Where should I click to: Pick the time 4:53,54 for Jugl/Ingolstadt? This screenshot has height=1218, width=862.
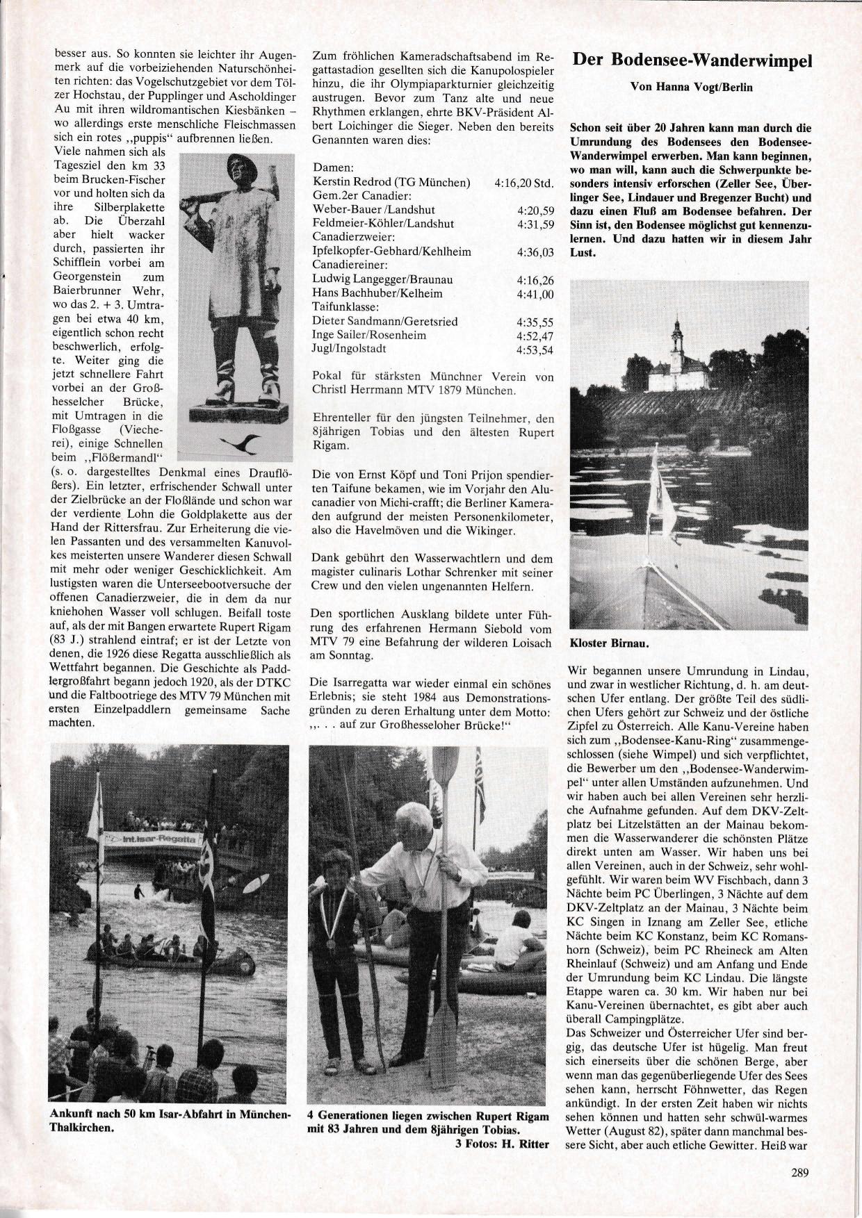point(535,349)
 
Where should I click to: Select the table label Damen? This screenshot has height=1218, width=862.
point(333,169)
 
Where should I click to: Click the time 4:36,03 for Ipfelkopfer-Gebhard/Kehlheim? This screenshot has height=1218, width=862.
point(535,252)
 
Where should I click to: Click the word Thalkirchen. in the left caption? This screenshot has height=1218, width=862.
point(81,1128)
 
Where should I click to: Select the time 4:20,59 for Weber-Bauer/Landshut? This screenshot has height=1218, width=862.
point(535,210)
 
